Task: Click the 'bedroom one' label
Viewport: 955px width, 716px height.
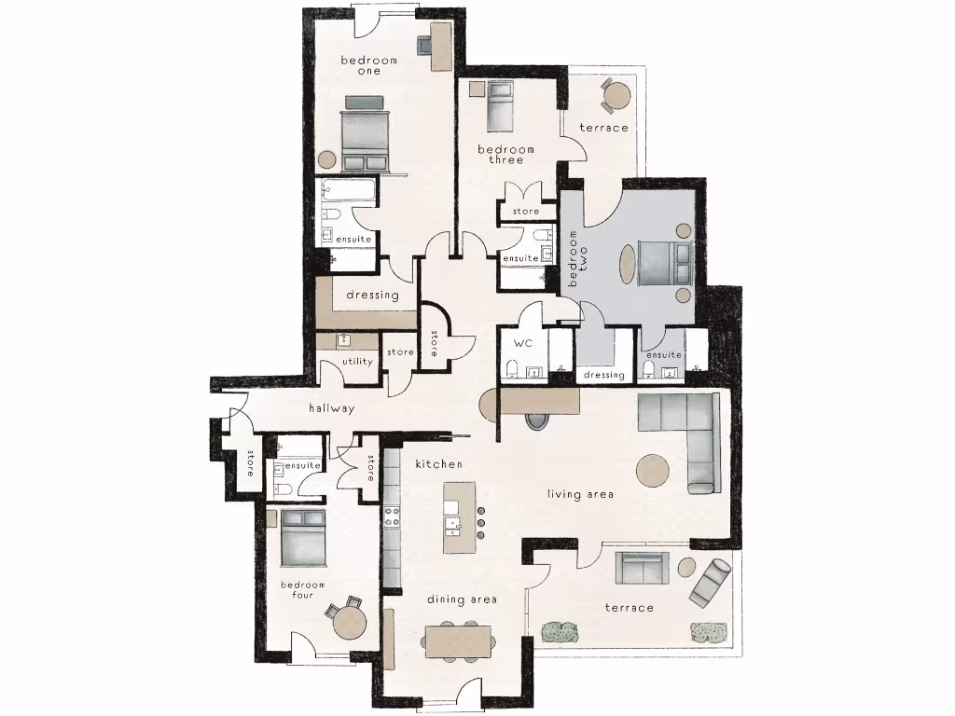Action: click(x=368, y=66)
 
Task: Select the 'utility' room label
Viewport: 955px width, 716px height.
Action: click(x=357, y=362)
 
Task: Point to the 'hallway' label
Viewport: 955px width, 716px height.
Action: click(x=332, y=408)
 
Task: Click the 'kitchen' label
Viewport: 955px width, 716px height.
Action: click(x=438, y=463)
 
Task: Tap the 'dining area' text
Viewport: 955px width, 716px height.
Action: click(x=461, y=599)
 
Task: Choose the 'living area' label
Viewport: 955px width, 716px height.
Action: click(x=580, y=494)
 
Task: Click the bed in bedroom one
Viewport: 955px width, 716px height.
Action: click(x=365, y=134)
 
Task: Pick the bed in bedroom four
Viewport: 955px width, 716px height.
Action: click(x=303, y=538)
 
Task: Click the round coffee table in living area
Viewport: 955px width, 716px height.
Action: click(x=654, y=469)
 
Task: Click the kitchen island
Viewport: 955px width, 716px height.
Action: click(x=459, y=517)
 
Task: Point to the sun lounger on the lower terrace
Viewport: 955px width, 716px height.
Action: click(x=712, y=581)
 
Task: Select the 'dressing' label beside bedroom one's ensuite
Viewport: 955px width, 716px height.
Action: click(x=372, y=296)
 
